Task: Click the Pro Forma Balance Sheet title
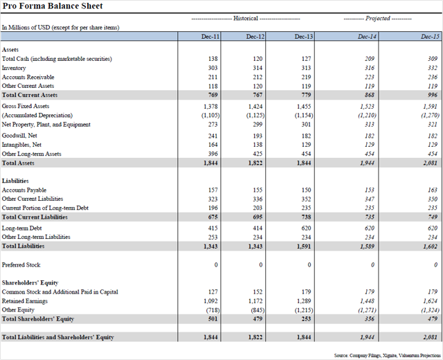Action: point(53,6)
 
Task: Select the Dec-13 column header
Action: point(304,37)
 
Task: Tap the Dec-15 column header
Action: point(430,37)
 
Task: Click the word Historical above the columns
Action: point(246,19)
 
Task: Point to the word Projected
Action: point(378,19)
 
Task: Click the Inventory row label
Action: point(14,68)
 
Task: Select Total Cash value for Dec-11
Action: point(213,58)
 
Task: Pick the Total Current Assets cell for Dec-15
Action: point(433,95)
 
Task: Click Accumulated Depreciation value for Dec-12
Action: point(255,116)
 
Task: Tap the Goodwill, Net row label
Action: point(19,136)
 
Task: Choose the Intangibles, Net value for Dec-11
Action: point(213,145)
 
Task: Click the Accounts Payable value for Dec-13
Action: point(306,190)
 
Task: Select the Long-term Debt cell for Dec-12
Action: point(257,228)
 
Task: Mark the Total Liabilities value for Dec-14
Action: point(367,246)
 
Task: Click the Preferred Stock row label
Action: point(21,264)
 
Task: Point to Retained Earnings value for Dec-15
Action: point(430,301)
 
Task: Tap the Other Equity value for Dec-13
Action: point(304,310)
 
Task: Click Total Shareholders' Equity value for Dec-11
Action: point(213,319)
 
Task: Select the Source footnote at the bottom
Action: point(388,355)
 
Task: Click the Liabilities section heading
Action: point(15,181)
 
